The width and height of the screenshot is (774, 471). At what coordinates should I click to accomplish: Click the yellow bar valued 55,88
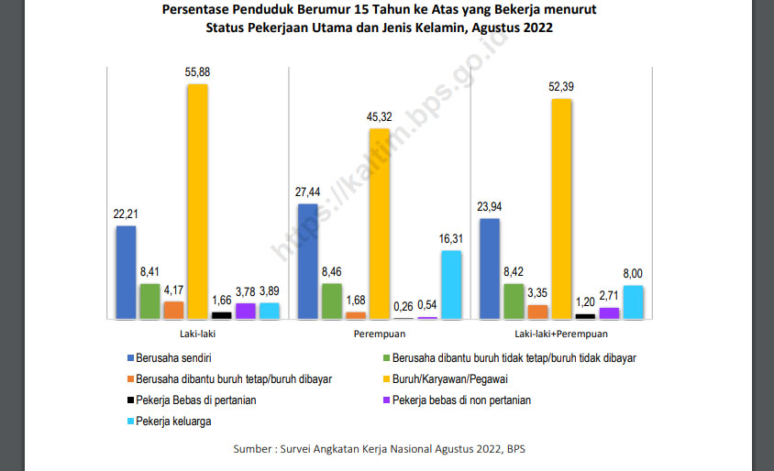click(197, 202)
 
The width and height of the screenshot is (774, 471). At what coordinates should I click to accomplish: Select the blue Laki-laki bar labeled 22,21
click(126, 272)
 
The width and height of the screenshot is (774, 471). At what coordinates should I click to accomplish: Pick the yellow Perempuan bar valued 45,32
click(380, 224)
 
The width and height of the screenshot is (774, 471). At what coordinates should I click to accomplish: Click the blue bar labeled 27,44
click(308, 261)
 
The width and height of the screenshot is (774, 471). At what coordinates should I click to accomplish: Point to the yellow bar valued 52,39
click(561, 209)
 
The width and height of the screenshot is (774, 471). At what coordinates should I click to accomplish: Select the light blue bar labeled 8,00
click(633, 301)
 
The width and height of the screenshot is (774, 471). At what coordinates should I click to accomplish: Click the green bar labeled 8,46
click(332, 301)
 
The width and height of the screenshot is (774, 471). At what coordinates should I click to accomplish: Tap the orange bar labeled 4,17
click(173, 310)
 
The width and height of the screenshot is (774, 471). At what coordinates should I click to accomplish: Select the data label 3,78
click(245, 291)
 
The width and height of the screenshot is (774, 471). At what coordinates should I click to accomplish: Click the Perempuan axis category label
click(380, 335)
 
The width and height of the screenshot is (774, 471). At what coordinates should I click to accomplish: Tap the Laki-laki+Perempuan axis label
click(561, 335)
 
